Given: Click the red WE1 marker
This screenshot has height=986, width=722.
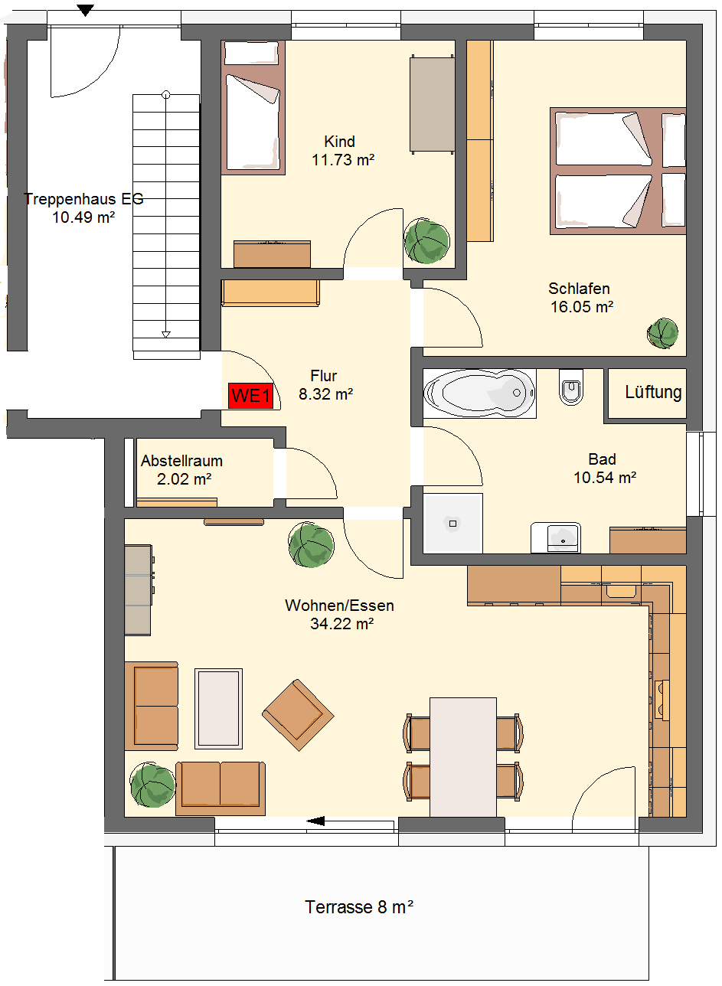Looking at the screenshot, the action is point(250,396).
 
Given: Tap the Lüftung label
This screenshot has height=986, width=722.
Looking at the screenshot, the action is point(653,392).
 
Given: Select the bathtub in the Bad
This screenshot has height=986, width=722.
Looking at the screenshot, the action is point(479,393).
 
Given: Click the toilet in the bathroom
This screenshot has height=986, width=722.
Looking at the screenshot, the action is point(571,387).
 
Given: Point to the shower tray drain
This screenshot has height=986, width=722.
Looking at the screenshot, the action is point(452,524).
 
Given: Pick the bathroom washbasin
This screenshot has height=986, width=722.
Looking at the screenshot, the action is point(556,537).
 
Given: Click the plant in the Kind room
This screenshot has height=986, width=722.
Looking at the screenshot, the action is point(426,241).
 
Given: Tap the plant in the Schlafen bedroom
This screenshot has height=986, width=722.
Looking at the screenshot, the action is point(662,333).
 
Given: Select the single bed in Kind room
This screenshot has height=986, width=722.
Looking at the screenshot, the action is point(253,107).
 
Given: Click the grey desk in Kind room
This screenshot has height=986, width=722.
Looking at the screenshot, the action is point(432,104).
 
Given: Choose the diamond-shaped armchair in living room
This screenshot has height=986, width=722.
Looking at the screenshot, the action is point(298,715).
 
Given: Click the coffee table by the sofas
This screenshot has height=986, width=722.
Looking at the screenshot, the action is point(218,709).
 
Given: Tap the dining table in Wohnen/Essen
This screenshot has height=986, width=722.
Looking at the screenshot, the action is point(463,757).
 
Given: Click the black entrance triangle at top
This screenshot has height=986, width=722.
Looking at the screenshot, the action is point(86,10).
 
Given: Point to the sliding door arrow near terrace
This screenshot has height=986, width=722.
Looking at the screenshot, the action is point(350,821).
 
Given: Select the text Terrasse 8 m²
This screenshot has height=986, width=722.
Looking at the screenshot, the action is point(359,906).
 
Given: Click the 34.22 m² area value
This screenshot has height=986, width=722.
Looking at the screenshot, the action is point(342,624).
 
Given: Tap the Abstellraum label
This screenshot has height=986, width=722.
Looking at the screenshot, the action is point(181,461).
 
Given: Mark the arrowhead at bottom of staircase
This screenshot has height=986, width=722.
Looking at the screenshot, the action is point(166,335).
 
